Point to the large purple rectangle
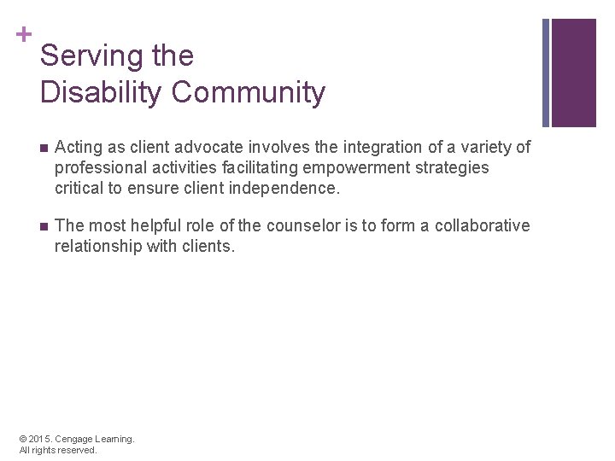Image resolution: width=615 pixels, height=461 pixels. (574, 73)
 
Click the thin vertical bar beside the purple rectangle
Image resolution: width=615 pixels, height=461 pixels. (546, 73)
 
